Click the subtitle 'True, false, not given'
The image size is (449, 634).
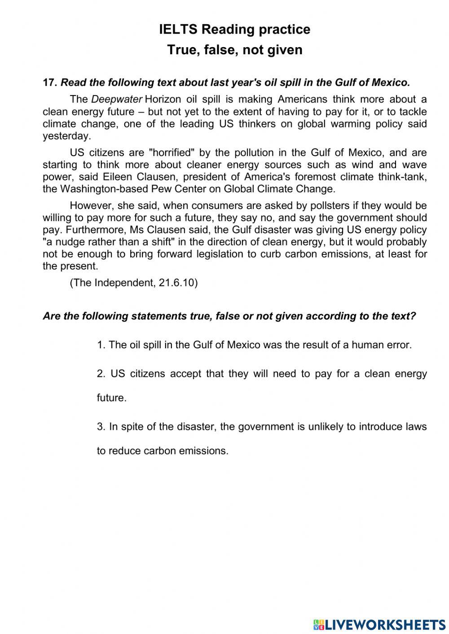[235, 50]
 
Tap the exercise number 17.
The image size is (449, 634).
[48, 83]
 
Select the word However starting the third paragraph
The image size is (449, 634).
[91, 206]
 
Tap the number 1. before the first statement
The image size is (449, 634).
[101, 345]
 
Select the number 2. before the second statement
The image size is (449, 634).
[101, 374]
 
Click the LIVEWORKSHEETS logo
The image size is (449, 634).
[379, 624]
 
